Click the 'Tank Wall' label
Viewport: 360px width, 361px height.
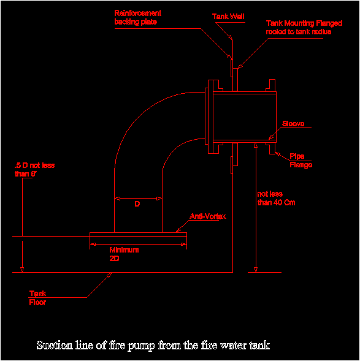[228, 17]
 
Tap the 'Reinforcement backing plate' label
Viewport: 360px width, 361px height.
[137, 17]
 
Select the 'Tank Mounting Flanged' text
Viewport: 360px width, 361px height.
[304, 23]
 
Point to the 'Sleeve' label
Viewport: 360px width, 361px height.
[293, 124]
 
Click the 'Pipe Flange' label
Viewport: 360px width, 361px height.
[301, 161]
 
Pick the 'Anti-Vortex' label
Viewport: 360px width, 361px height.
[207, 216]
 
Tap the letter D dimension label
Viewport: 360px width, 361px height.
[137, 203]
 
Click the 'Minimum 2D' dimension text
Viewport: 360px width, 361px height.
[124, 254]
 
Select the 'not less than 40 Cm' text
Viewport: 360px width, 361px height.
[276, 198]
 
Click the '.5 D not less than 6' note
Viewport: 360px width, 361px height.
[34, 169]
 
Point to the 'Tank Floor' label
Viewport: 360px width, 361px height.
[37, 298]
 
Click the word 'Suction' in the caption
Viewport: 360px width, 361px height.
[55, 345]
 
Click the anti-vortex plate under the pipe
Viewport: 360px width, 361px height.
[138, 234]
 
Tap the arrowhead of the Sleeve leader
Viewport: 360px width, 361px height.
[271, 137]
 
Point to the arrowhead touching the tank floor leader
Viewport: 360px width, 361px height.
[109, 275]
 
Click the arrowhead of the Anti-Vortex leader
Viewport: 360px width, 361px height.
[178, 230]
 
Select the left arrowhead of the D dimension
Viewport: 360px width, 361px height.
[117, 198]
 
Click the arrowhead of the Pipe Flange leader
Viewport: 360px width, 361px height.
[277, 154]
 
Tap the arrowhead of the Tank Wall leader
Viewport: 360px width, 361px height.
[231, 37]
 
